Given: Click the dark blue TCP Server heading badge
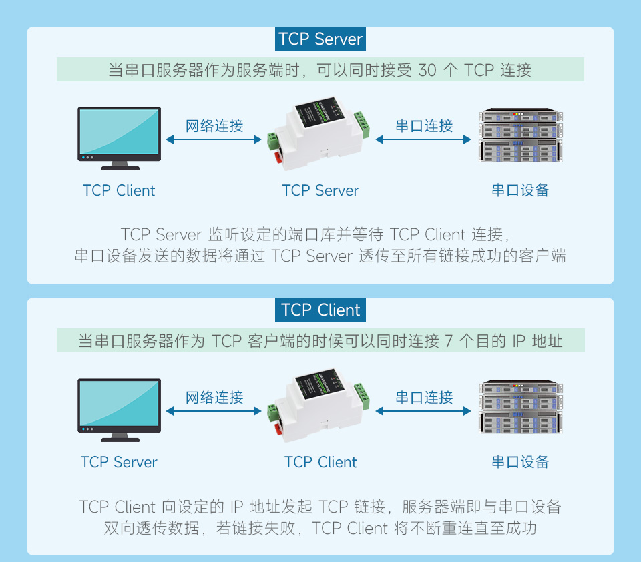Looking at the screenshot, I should point(320,39).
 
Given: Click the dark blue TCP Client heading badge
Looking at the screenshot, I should point(320,310).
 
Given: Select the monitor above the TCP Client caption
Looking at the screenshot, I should point(120,137).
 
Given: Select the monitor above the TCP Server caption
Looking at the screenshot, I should point(120,408).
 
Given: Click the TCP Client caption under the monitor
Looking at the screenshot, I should point(119,190).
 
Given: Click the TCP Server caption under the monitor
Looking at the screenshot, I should point(119,462).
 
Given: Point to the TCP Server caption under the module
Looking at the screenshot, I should point(320,190).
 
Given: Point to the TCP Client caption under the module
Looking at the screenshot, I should point(320,462).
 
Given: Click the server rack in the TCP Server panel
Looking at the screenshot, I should point(520,135).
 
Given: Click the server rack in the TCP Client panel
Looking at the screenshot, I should point(520,407).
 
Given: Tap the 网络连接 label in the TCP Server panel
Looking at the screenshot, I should point(214,125).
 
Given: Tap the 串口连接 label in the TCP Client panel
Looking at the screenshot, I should point(424,398).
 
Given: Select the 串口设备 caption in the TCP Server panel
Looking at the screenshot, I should point(520,190).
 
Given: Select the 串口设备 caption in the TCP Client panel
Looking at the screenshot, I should point(520,462).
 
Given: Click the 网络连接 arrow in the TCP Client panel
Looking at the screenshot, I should point(214,411).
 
